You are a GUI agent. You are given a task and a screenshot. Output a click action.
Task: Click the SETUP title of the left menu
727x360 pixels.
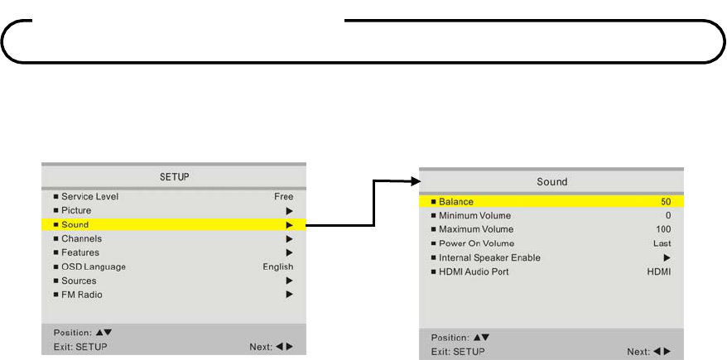174,177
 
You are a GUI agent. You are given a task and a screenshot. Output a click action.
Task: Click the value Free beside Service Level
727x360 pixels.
283,197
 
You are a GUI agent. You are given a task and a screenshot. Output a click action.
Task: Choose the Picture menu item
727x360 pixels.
76,211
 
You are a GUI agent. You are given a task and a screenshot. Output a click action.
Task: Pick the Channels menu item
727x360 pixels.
81,239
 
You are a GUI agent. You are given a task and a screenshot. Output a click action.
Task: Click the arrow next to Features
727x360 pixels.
290,252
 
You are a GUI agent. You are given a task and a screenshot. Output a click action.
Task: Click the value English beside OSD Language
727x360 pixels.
278,266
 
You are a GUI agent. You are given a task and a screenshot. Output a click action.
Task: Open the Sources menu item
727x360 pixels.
79,281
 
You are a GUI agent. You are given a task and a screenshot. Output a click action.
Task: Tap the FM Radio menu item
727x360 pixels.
82,295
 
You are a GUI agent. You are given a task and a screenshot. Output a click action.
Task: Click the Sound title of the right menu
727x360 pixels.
551,181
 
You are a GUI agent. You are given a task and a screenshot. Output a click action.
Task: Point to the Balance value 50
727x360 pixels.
666,201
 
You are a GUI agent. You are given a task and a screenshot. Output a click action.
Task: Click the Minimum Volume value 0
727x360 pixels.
668,215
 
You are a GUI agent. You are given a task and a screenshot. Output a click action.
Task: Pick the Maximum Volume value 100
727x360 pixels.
663,229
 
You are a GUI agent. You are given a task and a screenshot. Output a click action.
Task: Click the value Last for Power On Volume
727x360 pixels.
662,243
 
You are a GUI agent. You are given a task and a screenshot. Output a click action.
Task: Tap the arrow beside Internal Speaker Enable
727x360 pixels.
667,257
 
